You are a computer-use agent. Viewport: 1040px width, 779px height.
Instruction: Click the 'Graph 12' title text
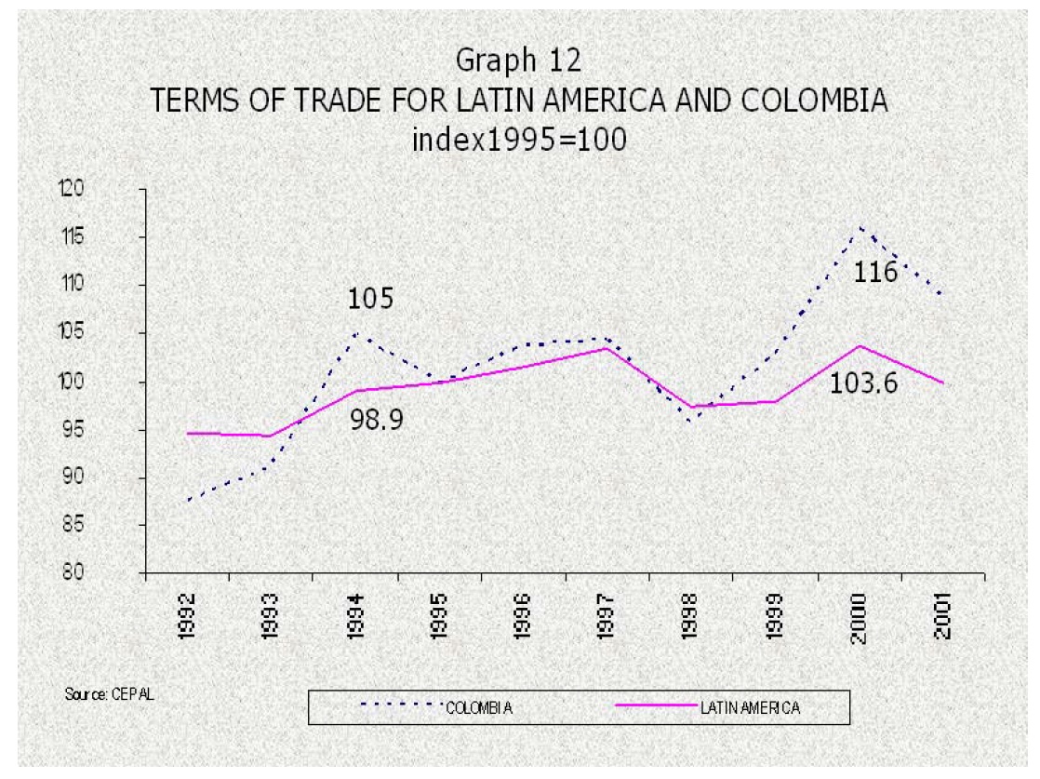pyautogui.click(x=519, y=60)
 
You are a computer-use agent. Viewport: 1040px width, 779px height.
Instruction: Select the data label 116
pyautogui.click(x=874, y=273)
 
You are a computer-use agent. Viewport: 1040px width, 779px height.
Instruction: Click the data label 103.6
pyautogui.click(x=864, y=382)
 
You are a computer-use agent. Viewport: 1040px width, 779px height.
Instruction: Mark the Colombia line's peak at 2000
pyautogui.click(x=860, y=227)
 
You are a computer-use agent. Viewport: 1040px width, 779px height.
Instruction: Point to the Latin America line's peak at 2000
pyautogui.click(x=860, y=346)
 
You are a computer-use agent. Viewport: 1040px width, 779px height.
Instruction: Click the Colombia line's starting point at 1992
pyautogui.click(x=187, y=501)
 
